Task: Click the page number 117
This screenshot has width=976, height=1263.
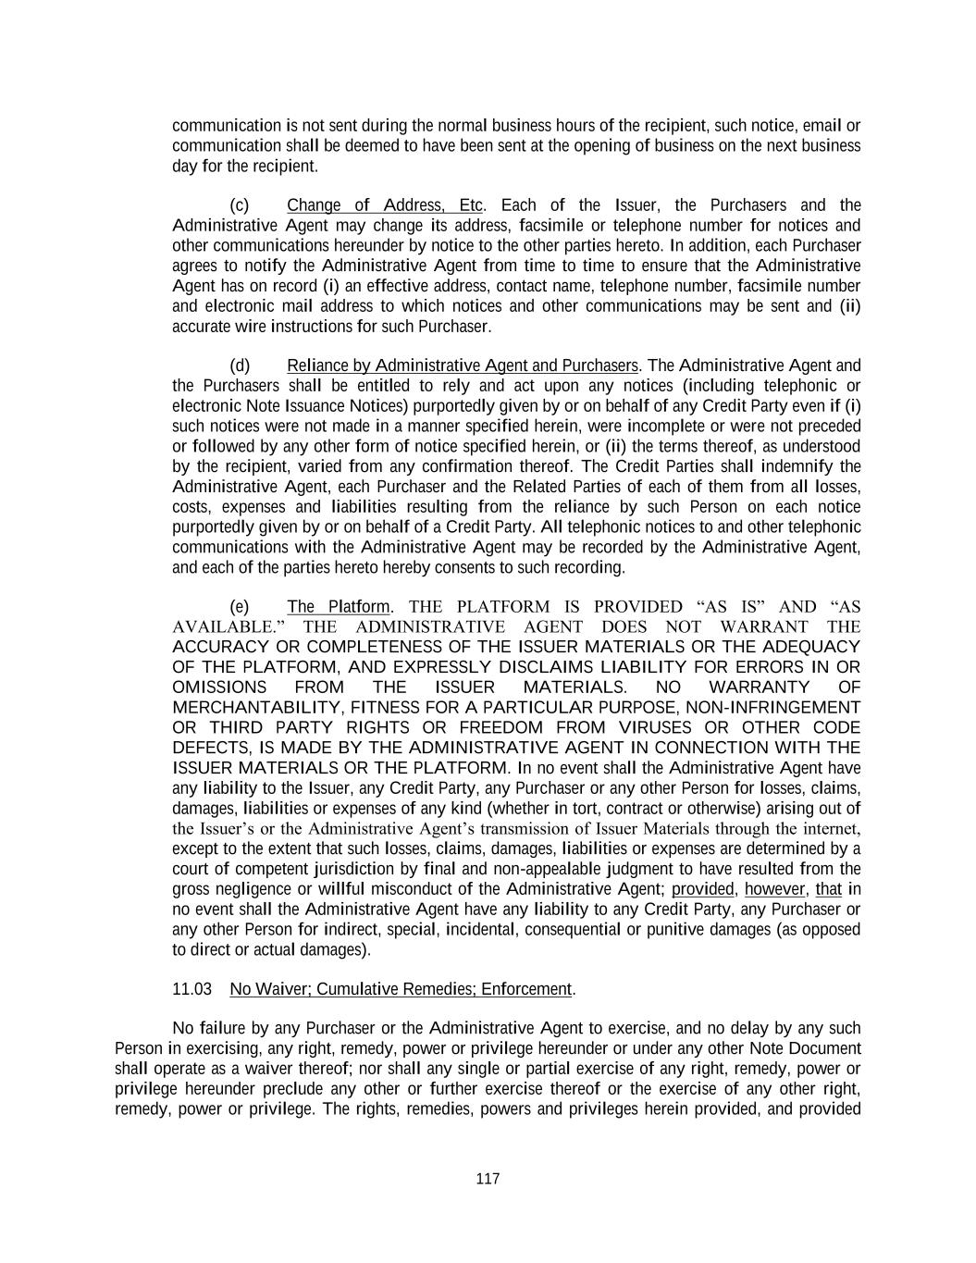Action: [x=488, y=1179]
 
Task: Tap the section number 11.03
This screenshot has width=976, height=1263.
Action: [x=192, y=989]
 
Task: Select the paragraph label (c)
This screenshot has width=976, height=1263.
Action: [x=240, y=205]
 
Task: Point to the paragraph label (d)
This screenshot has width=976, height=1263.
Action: [x=240, y=365]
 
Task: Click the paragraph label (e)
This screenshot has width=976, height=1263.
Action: [x=240, y=607]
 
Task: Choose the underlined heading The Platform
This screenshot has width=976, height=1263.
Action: [x=339, y=607]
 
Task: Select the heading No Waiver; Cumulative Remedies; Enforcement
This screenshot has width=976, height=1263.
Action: [x=402, y=989]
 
